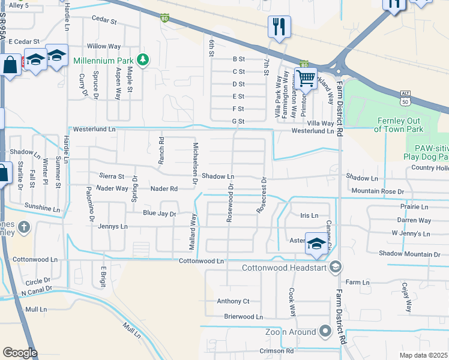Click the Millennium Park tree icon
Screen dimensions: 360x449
tap(143, 59)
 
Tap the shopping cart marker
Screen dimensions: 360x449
tap(306, 77)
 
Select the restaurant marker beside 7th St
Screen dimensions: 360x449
tap(279, 26)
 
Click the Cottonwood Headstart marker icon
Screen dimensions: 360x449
tap(336, 266)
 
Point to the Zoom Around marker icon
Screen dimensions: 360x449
tap(325, 331)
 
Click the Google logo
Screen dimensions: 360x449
tap(20, 353)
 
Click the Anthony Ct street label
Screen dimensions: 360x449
tap(233, 301)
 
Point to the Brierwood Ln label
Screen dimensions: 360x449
tap(244, 316)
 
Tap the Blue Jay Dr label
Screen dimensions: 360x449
tap(159, 214)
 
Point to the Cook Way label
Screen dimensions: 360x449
tap(292, 302)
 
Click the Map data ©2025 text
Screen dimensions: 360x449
tap(423, 355)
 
